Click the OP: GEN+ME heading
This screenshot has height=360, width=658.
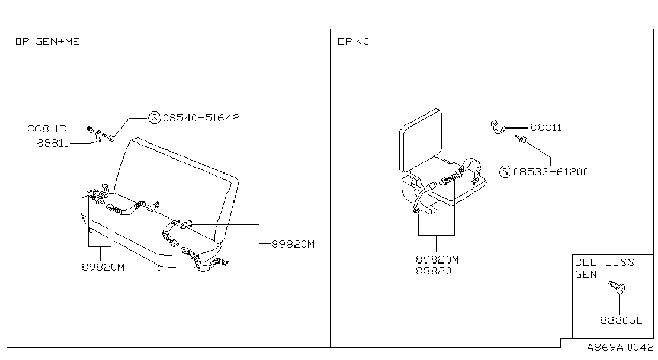tap(47, 41)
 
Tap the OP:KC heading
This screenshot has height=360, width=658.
tap(354, 41)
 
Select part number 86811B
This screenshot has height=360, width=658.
tap(47, 129)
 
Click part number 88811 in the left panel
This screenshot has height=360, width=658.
tap(52, 143)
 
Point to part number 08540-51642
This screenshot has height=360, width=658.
tap(201, 117)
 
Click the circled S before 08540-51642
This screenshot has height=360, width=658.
tap(155, 117)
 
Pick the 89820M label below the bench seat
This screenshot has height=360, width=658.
tap(103, 267)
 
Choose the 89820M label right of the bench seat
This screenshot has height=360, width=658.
tap(293, 244)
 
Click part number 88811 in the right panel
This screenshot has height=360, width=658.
tap(546, 127)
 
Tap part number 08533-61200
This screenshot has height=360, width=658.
tap(551, 172)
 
